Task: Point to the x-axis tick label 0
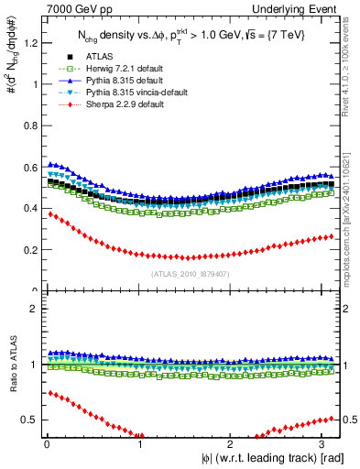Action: (x=45, y=445)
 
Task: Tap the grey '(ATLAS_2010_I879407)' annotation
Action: (x=190, y=272)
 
